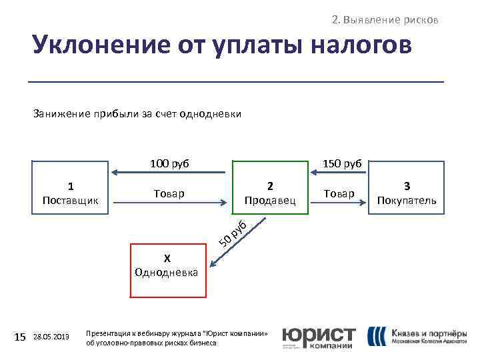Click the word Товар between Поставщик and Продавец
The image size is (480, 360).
169,193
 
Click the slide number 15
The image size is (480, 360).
20,337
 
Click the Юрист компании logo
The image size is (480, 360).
319,337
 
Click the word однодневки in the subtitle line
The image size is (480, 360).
215,114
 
